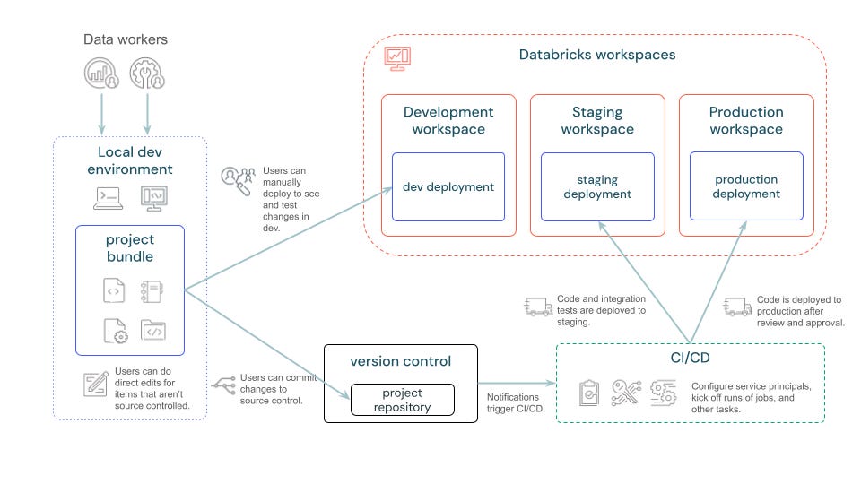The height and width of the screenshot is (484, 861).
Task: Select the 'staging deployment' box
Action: [597, 186]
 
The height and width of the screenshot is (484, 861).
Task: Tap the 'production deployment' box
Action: [746, 186]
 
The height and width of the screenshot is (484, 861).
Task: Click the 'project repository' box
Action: [402, 400]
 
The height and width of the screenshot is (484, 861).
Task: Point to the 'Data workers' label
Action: [126, 39]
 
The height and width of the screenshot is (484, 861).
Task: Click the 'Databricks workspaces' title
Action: [596, 55]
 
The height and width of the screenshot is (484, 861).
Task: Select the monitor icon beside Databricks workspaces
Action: [396, 57]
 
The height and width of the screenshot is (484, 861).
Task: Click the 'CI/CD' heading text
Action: [690, 359]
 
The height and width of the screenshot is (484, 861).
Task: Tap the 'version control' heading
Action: [401, 361]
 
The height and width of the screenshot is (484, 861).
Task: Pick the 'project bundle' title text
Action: [130, 248]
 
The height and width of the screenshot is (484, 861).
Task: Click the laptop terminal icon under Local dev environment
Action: [109, 196]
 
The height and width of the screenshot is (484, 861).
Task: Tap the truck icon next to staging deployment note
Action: [537, 307]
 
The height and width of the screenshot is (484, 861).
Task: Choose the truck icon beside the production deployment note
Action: [737, 307]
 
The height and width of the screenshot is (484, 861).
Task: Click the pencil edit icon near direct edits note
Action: [95, 383]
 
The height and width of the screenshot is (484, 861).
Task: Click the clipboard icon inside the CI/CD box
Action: [589, 393]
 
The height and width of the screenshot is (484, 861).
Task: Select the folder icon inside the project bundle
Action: [152, 331]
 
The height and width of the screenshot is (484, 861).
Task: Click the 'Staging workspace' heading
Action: [597, 121]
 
